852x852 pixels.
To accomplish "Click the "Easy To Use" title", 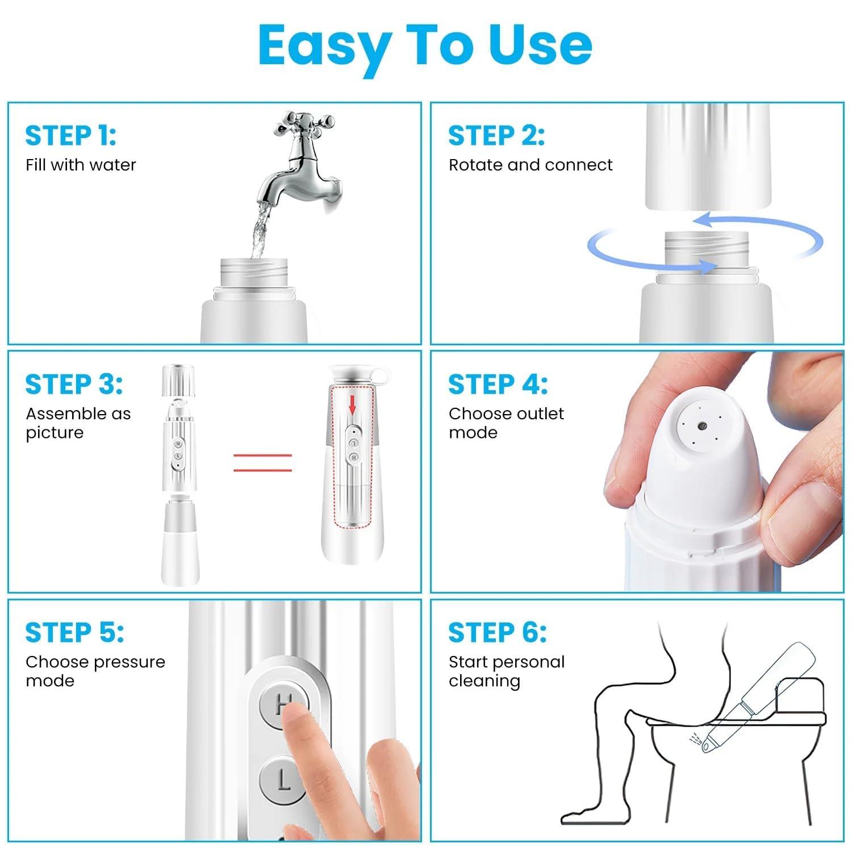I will click(425, 45).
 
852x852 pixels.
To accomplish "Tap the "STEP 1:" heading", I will click(70, 136).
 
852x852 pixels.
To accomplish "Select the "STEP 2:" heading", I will click(496, 136).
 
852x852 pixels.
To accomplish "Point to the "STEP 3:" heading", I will click(74, 385).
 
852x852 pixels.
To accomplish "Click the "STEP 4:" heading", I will click(498, 385).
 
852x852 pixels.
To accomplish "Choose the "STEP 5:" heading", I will click(74, 633).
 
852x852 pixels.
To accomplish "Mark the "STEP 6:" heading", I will click(497, 633).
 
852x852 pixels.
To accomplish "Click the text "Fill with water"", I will click(81, 165).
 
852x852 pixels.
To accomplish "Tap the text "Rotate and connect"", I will click(531, 165).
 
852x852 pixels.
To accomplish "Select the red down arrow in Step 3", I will click(352, 405).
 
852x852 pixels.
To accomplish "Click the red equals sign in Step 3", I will click(262, 462).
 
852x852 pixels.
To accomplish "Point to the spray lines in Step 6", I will click(694, 737).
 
